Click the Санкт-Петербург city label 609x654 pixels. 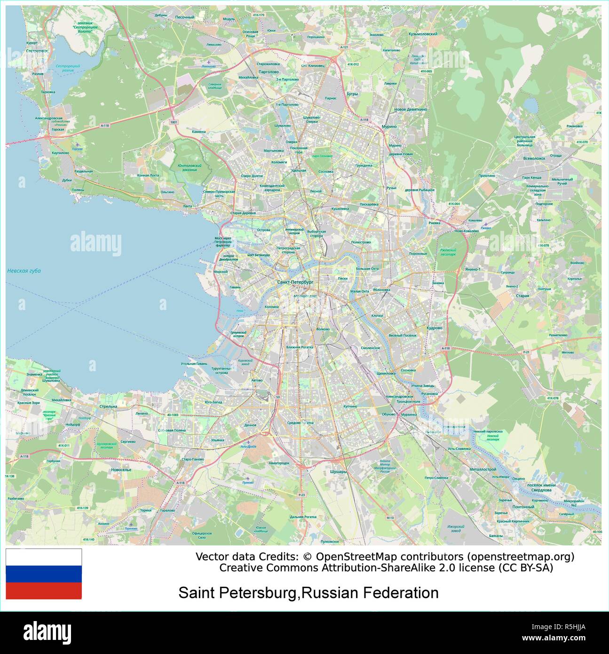pyautogui.click(x=295, y=282)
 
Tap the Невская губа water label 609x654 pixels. pyautogui.click(x=24, y=271)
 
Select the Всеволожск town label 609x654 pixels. pyautogui.click(x=534, y=159)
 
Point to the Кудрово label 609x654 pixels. pyautogui.click(x=434, y=328)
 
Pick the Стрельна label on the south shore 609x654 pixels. pyautogui.click(x=108, y=406)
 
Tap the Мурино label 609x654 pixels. pyautogui.click(x=389, y=127)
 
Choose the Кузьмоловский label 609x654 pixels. pyautogui.click(x=423, y=34)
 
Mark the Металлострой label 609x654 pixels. pyautogui.click(x=482, y=469)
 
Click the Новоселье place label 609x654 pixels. pyautogui.click(x=121, y=470)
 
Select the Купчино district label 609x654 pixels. pyautogui.click(x=350, y=406)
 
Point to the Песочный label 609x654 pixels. pyautogui.click(x=185, y=17)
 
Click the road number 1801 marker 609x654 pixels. pyautogui.click(x=174, y=122)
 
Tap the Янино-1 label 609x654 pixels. pyautogui.click(x=473, y=270)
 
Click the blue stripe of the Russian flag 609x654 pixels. pyautogui.click(x=44, y=574)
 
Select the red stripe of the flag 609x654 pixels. pyautogui.click(x=44, y=591)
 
